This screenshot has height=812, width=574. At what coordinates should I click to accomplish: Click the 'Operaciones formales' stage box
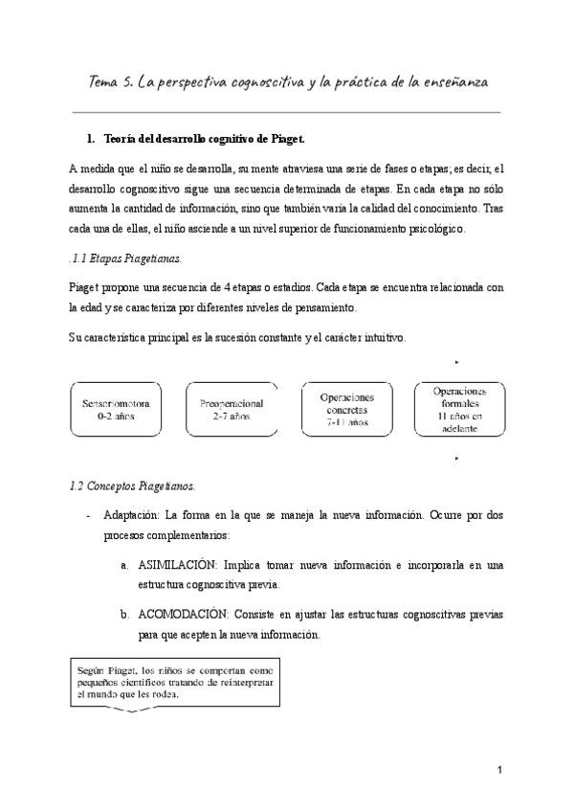[459, 410]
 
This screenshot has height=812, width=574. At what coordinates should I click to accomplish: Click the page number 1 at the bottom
[499, 770]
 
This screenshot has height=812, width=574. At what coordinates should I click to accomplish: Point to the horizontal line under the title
[286, 111]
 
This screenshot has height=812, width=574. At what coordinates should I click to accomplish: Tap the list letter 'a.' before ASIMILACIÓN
[125, 566]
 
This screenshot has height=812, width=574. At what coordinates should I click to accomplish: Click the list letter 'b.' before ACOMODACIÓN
[125, 613]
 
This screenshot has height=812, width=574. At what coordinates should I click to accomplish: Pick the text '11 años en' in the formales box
[459, 417]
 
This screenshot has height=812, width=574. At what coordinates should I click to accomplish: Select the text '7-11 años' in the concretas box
[344, 422]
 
